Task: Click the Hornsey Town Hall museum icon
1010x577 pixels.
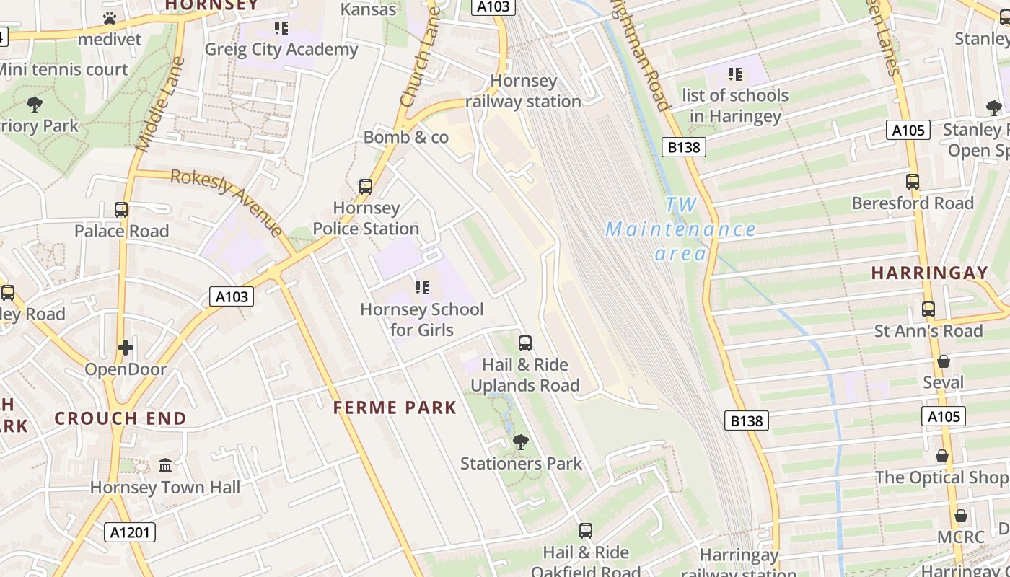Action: tap(165, 465)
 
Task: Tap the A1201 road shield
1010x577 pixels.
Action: tap(130, 532)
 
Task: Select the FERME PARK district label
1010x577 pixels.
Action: tap(395, 408)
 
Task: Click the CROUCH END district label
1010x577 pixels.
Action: tap(120, 418)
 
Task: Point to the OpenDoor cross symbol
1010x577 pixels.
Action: tap(126, 348)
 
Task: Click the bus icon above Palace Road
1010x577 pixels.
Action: tap(121, 210)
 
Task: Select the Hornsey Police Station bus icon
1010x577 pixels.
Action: tap(366, 187)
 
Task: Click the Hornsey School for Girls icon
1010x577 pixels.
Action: tap(422, 288)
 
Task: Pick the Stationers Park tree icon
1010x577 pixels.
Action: tap(520, 441)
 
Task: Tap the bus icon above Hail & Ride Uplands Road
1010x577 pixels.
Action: tap(525, 343)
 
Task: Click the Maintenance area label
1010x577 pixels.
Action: tap(680, 230)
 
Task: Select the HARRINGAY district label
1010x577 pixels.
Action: tap(929, 273)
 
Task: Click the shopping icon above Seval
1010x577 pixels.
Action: tap(943, 361)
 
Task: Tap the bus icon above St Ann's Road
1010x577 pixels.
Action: tap(928, 309)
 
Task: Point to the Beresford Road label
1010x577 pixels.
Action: tap(913, 203)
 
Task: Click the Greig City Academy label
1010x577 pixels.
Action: tap(281, 49)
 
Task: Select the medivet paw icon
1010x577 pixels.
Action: tap(110, 18)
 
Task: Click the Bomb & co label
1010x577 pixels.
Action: tap(406, 137)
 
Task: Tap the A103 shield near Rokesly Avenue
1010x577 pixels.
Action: tap(232, 296)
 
